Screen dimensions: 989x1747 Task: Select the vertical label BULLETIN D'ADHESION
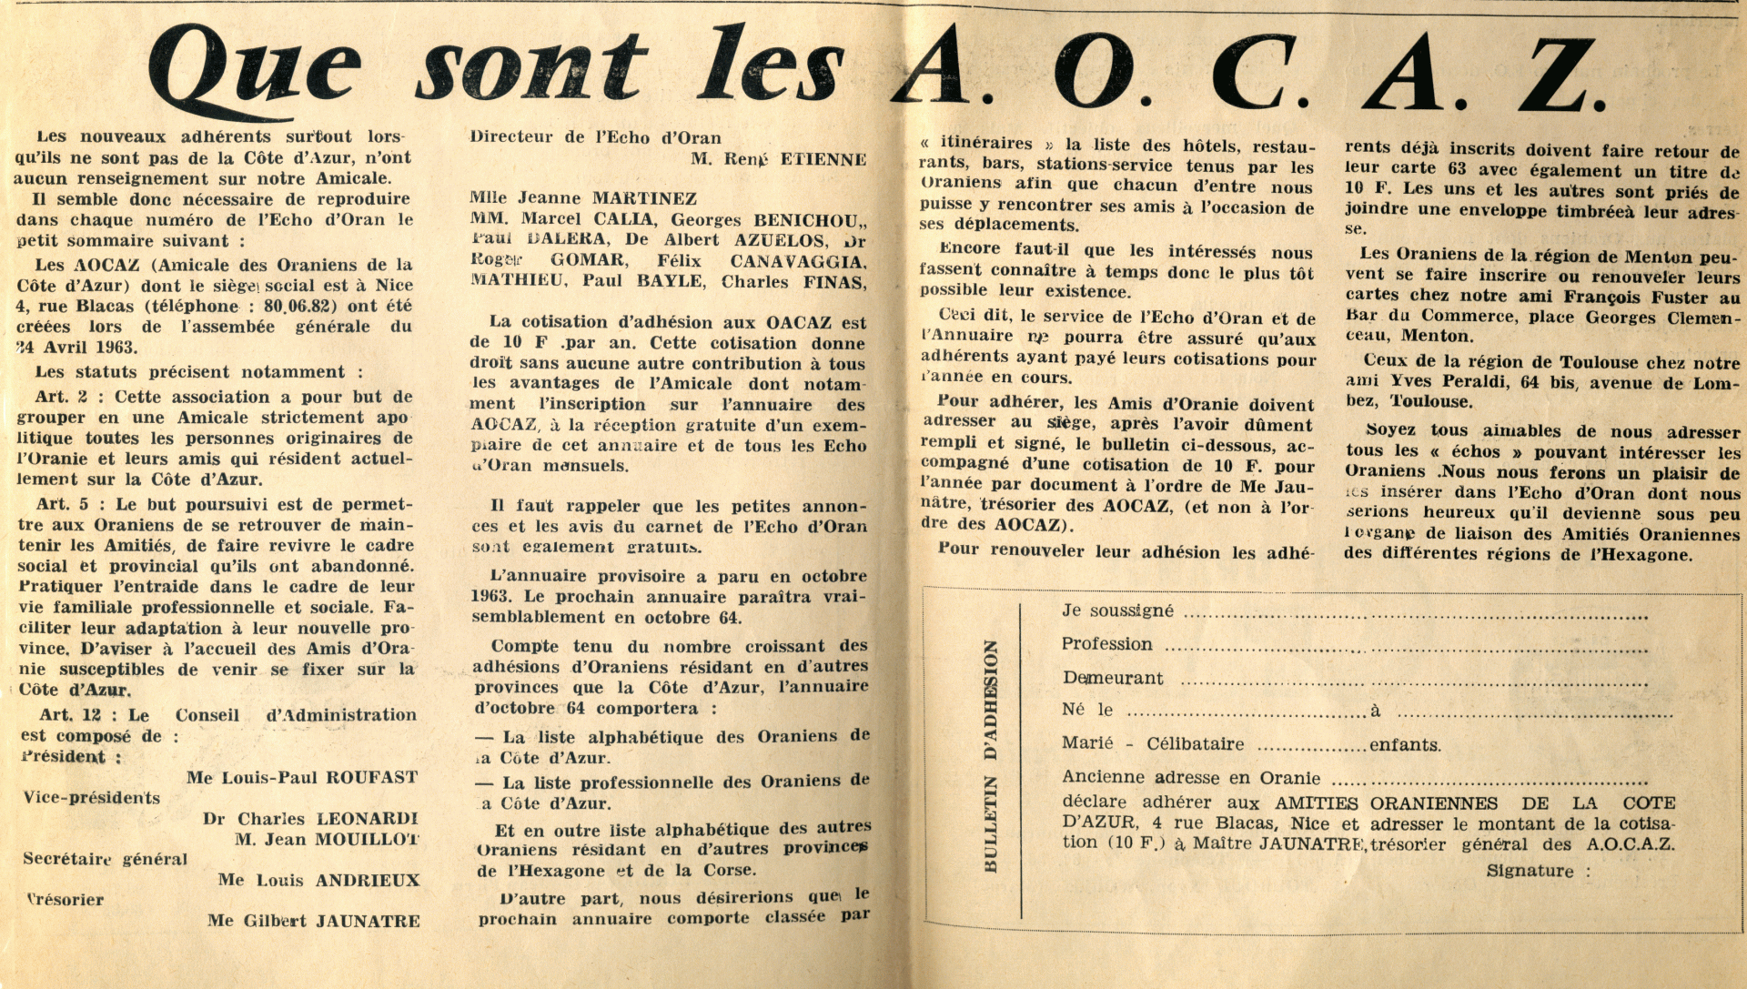(x=991, y=756)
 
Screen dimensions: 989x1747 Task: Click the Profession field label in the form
(x=1106, y=644)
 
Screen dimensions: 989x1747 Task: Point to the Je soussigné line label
(x=1117, y=611)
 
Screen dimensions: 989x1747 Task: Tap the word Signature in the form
(x=1530, y=871)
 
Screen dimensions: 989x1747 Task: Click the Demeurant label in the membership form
(x=1113, y=678)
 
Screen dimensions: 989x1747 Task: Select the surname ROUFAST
(x=372, y=778)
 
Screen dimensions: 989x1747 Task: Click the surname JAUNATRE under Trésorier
(x=368, y=921)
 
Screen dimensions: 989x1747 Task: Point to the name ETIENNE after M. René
(x=823, y=159)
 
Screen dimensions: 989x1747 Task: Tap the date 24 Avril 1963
(x=76, y=348)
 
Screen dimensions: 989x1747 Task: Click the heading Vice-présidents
(x=92, y=798)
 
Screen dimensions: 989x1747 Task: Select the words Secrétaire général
(x=105, y=859)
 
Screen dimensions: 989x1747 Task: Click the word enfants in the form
(x=1405, y=744)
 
